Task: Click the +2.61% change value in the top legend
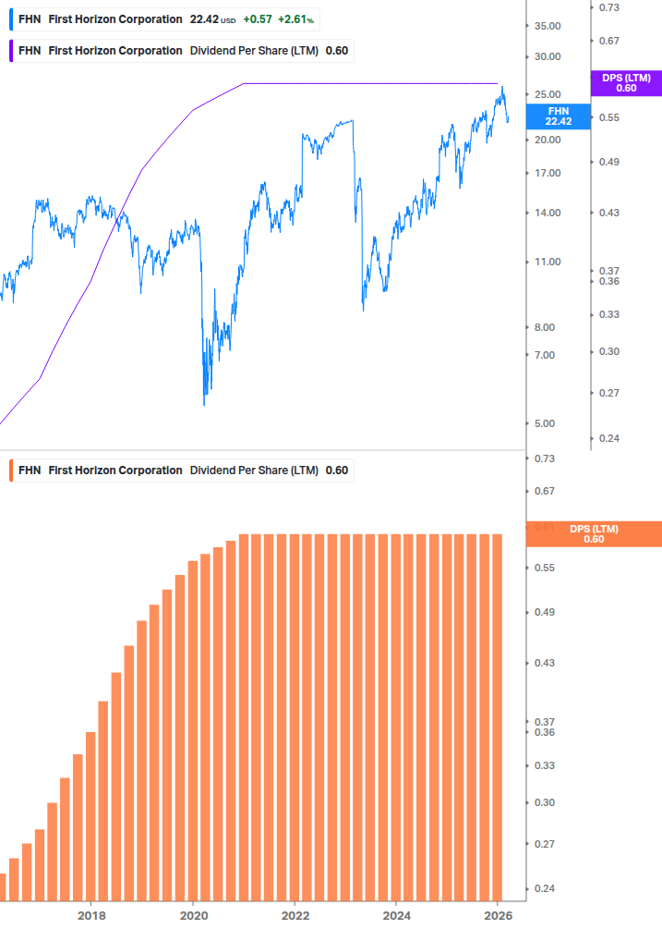(295, 19)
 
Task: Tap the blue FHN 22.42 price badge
(558, 116)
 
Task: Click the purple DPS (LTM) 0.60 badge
(625, 83)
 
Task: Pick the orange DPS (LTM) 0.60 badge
(593, 534)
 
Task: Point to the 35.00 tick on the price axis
(548, 26)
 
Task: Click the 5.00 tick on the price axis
(548, 423)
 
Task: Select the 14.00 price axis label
(548, 213)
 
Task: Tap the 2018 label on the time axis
(90, 915)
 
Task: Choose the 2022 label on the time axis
(295, 915)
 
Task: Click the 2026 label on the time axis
(498, 915)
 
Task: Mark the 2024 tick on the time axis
(396, 915)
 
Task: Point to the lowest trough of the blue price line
(204, 403)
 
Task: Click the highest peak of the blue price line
(502, 88)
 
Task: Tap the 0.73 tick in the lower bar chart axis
(544, 458)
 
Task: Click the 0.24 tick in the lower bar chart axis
(544, 888)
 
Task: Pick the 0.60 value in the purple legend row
(337, 51)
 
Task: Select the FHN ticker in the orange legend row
(30, 471)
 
